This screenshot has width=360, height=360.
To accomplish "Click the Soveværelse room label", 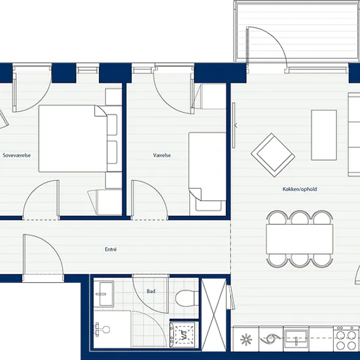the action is point(17,155).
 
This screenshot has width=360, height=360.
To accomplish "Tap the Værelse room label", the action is point(162,155).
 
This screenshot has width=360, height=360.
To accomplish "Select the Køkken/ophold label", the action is point(300,189).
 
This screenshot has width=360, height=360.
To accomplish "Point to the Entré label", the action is point(111,249).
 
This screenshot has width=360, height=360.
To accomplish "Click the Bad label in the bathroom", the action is point(151,291).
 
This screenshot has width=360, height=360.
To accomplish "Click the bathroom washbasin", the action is point(103,294).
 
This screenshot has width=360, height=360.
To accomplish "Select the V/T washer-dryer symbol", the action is point(184,334).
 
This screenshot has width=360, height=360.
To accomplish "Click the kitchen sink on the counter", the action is point(296,338).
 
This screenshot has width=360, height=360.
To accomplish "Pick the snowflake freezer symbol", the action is point(246,339).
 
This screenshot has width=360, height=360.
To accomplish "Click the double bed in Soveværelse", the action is point(73,139).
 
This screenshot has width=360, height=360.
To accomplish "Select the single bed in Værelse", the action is point(207,166).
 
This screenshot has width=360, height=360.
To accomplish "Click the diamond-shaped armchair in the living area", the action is point(273,155).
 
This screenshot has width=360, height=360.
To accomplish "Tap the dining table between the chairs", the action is point(299,239).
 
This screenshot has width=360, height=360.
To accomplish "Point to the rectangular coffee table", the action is point(324,135).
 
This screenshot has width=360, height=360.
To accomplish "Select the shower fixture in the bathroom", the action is point(102,330).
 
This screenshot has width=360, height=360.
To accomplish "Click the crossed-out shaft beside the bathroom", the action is point(214,315).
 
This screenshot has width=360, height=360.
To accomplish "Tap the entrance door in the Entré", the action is point(43,255).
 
